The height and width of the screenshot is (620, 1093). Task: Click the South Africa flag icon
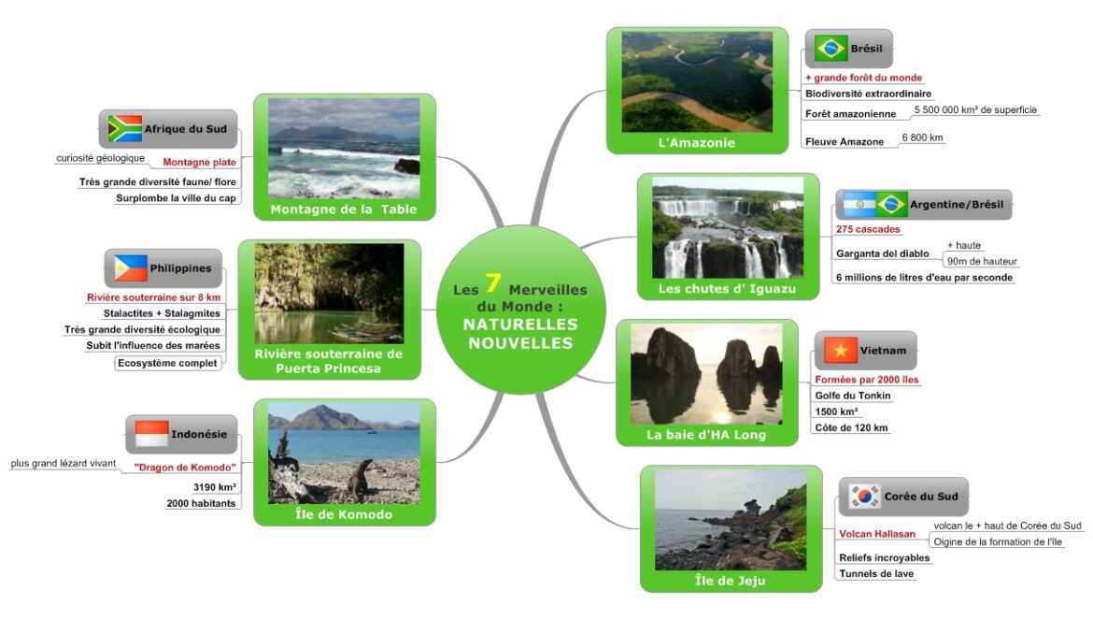pyautogui.click(x=125, y=128)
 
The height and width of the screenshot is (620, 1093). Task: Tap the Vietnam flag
pyautogui.click(x=840, y=350)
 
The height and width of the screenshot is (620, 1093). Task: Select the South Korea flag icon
pyautogui.click(x=864, y=496)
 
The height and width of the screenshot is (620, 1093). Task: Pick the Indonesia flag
pyautogui.click(x=151, y=434)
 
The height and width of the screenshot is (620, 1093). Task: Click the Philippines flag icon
pyautogui.click(x=131, y=267)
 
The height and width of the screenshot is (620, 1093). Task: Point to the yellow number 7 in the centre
pyautogui.click(x=493, y=282)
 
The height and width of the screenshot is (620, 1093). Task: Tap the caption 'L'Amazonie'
pyautogui.click(x=696, y=142)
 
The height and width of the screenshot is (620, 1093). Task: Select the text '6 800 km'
pyautogui.click(x=922, y=137)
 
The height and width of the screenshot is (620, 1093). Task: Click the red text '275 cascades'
pyautogui.click(x=868, y=229)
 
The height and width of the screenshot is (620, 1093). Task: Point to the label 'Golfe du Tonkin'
pyautogui.click(x=853, y=396)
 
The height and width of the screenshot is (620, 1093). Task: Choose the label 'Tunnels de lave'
pyautogui.click(x=876, y=573)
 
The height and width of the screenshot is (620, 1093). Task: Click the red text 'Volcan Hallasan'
pyautogui.click(x=877, y=534)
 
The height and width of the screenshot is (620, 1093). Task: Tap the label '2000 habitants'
pyautogui.click(x=201, y=503)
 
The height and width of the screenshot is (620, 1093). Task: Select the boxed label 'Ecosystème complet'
pyautogui.click(x=167, y=363)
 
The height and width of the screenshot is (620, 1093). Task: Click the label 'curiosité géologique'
pyautogui.click(x=100, y=158)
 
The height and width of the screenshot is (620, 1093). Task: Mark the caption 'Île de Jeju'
pyautogui.click(x=730, y=580)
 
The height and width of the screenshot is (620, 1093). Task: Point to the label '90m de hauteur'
pyautogui.click(x=982, y=261)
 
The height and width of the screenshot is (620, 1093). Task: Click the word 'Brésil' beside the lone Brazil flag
pyautogui.click(x=866, y=48)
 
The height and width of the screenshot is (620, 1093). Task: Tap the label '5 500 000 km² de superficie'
pyautogui.click(x=975, y=109)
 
